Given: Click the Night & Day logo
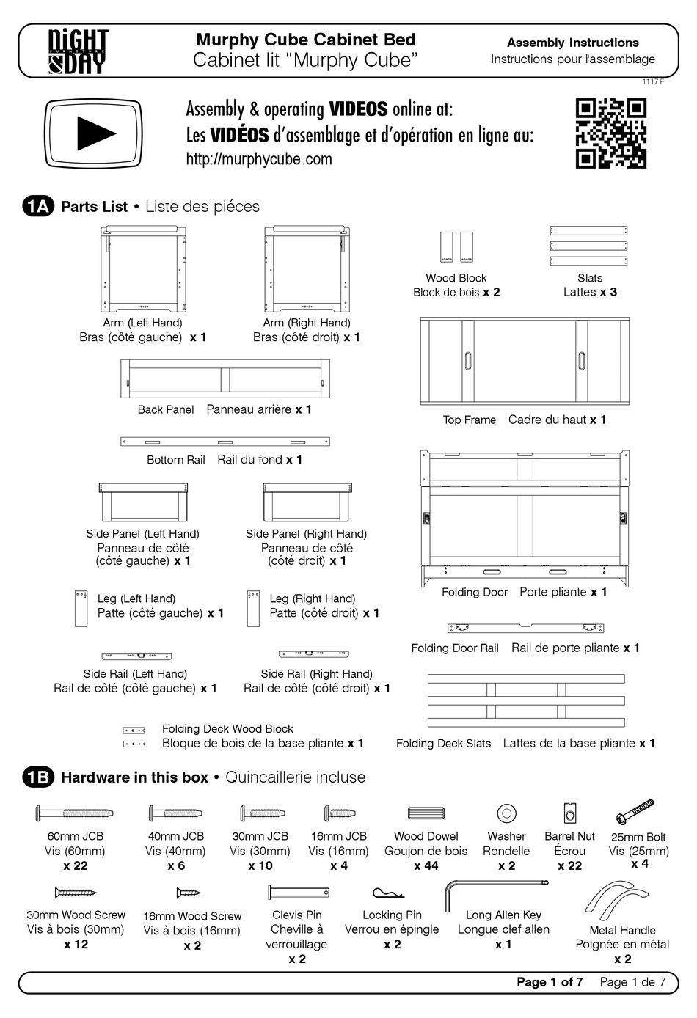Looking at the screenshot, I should pyautogui.click(x=79, y=51).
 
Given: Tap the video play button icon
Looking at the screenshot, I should pyautogui.click(x=93, y=133).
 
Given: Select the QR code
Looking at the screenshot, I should pyautogui.click(x=610, y=133).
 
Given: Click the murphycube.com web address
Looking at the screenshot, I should pyautogui.click(x=258, y=159).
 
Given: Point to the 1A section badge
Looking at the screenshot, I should pyautogui.click(x=38, y=207).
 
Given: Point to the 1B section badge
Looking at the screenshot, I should pyautogui.click(x=38, y=777).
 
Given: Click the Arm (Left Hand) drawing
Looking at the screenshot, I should pyautogui.click(x=143, y=269).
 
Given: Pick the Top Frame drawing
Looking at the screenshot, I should pyautogui.click(x=524, y=361).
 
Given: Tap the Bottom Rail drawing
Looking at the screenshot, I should pyautogui.click(x=225, y=442).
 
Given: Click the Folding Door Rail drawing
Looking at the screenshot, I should pyautogui.click(x=525, y=628).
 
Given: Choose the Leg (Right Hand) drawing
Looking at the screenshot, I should pyautogui.click(x=253, y=608).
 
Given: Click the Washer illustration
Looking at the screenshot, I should pyautogui.click(x=506, y=813).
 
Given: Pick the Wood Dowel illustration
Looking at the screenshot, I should pyautogui.click(x=426, y=813).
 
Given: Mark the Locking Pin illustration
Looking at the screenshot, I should pyautogui.click(x=388, y=893).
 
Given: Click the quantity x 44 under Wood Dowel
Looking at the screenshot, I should pyautogui.click(x=426, y=865).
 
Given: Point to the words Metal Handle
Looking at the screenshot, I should pyautogui.click(x=622, y=930).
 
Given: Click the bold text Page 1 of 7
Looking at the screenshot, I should pyautogui.click(x=550, y=982).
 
